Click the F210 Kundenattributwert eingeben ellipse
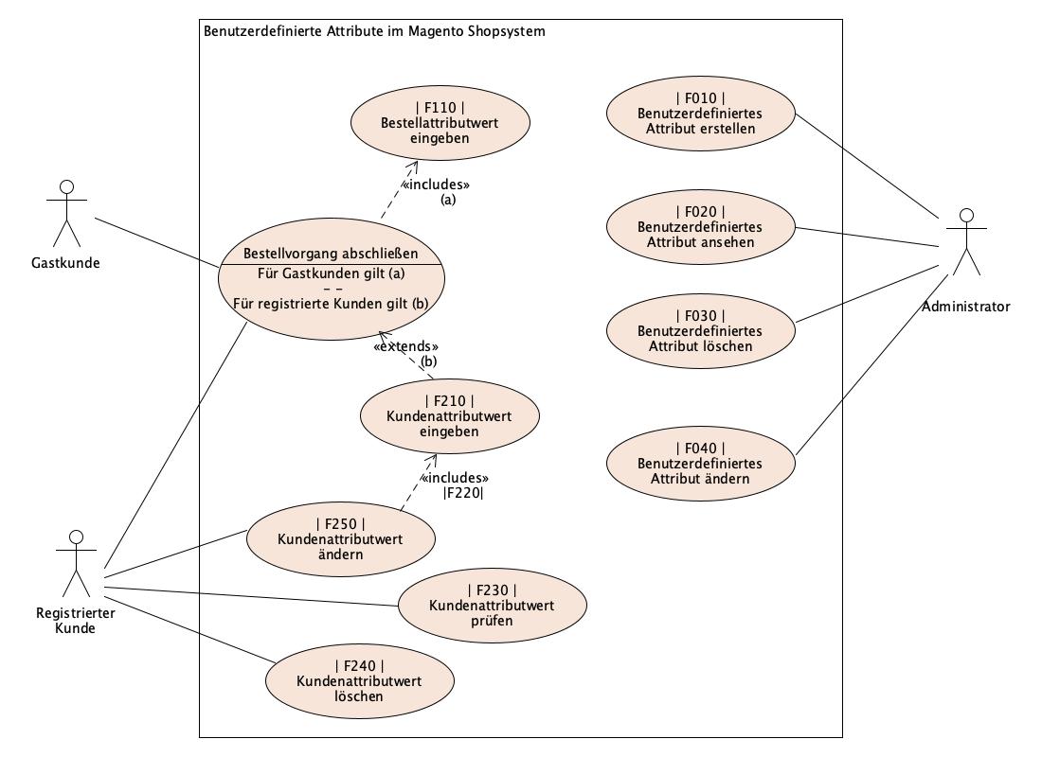coord(449,416)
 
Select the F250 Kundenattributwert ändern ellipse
coord(340,539)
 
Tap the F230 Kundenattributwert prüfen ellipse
coord(492,606)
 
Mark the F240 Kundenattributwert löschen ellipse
coord(359,681)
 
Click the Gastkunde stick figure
coord(65,213)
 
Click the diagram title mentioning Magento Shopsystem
coord(374,31)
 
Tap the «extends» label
coord(406,347)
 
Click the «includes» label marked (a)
coord(436,185)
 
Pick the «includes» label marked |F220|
coord(455,478)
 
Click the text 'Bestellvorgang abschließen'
coord(331,254)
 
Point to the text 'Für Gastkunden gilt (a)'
coord(331,274)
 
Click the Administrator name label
coord(965,306)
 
